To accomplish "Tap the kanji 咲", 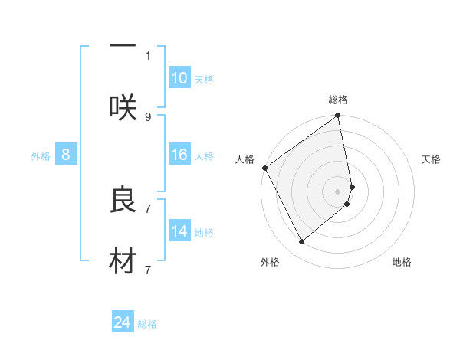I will tap(123, 108).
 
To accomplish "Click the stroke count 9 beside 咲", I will tap(148, 116).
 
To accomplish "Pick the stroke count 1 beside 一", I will tap(148, 55).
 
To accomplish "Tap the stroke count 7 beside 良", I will tap(148, 208).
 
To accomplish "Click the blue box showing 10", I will tap(179, 78).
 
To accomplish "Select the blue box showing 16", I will tap(179, 155).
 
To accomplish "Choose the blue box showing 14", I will tap(179, 231).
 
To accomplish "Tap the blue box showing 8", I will tap(66, 155).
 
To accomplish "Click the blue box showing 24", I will tap(123, 322).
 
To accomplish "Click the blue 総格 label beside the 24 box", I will tap(147, 324).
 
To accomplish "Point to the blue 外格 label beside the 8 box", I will tap(41, 156).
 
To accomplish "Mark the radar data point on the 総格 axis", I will tap(338, 116).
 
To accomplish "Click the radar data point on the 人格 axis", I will tap(264, 168).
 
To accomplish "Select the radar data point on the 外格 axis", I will tap(301, 242).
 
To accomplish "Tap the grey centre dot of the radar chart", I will tap(338, 191).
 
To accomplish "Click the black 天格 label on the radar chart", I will tap(432, 159).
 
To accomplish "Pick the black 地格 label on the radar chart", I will tap(402, 262).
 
